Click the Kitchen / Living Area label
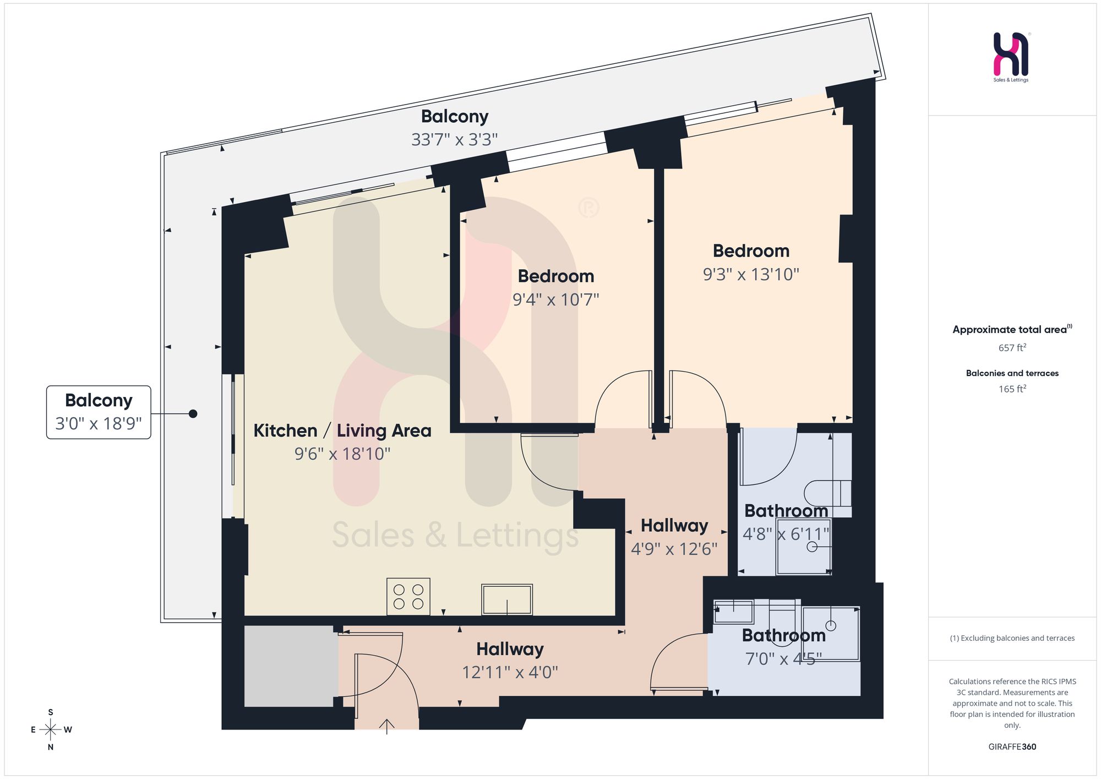tap(342, 431)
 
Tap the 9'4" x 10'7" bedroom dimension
tap(555, 300)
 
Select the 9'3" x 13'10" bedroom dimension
tap(751, 274)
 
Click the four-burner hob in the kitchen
tap(408, 596)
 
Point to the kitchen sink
tap(507, 600)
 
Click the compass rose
tap(51, 730)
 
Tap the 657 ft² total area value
tap(1012, 348)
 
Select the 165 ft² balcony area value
tap(1012, 389)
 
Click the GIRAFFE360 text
tap(1012, 747)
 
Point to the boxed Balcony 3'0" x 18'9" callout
tap(99, 412)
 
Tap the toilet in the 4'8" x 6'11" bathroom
tap(828, 493)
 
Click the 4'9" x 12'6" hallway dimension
tap(674, 549)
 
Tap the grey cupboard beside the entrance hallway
tap(291, 666)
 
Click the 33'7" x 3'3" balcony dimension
tap(454, 140)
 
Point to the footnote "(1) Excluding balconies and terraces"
tap(1012, 639)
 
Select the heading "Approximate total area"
tap(1010, 330)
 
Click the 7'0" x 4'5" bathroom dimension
tap(783, 659)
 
